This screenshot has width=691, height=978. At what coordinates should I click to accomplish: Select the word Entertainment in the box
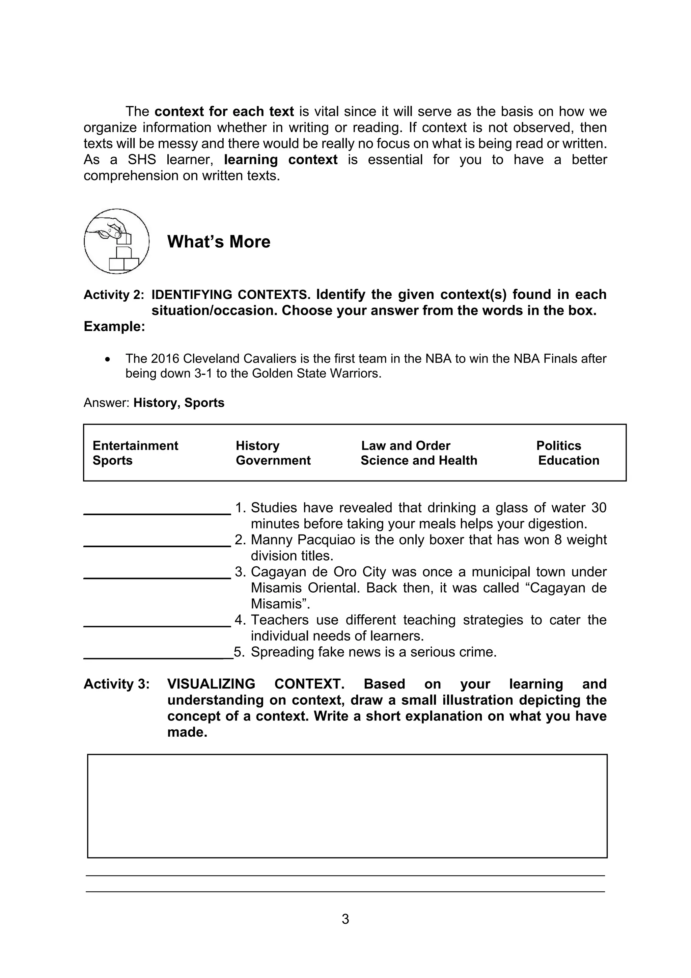click(x=135, y=445)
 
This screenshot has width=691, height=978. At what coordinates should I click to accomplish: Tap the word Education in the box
click(x=569, y=460)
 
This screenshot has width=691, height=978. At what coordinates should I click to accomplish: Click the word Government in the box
click(x=273, y=460)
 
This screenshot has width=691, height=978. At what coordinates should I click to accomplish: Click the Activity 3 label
click(x=116, y=684)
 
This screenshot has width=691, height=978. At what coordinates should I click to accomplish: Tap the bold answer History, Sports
click(x=178, y=403)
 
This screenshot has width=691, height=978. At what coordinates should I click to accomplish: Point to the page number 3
click(x=345, y=919)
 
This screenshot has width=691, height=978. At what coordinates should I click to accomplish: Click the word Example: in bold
click(x=114, y=326)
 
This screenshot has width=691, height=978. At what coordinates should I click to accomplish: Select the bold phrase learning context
click(x=281, y=160)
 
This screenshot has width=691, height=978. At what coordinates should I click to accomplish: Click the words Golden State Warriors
click(x=315, y=374)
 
